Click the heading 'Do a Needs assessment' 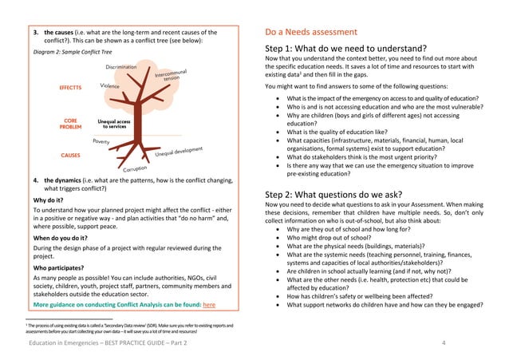click(x=311, y=33)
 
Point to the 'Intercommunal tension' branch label click(x=172, y=77)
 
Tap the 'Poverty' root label click(x=101, y=140)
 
